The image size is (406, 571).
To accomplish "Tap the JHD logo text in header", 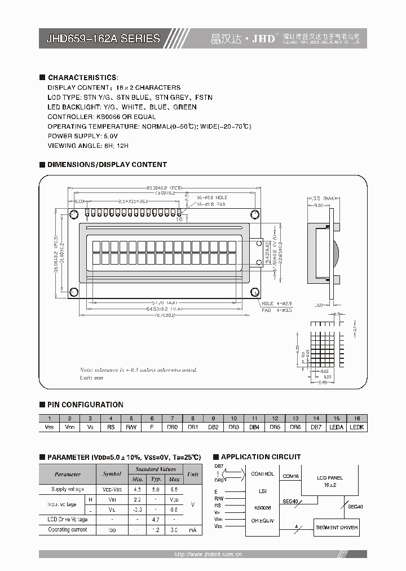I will pyautogui.click(x=263, y=38).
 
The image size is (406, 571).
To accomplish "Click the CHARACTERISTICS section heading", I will pyautogui.click(x=83, y=77).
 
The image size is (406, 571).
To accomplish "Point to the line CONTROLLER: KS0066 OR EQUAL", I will pyautogui.click(x=101, y=117).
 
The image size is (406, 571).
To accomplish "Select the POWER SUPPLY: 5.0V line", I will pyautogui.click(x=83, y=136).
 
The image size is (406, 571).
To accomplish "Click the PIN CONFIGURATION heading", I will pyautogui.click(x=85, y=405).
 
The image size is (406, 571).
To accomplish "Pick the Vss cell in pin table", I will pyautogui.click(x=49, y=427).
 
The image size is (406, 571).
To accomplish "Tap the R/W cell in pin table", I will pyautogui.click(x=131, y=427).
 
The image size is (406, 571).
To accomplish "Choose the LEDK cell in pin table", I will pyautogui.click(x=357, y=427).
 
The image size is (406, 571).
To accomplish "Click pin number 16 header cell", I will pyautogui.click(x=357, y=418).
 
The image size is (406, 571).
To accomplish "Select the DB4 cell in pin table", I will pyautogui.click(x=254, y=427).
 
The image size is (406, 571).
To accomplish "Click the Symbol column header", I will pyautogui.click(x=112, y=474).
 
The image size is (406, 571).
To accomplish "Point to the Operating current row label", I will pyautogui.click(x=68, y=530).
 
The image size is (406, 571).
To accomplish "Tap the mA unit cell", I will pyautogui.click(x=193, y=530).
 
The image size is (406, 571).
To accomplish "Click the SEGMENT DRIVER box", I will pyautogui.click(x=337, y=528).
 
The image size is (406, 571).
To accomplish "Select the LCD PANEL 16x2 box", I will pyautogui.click(x=330, y=481).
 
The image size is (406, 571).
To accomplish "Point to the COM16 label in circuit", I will pyautogui.click(x=290, y=476).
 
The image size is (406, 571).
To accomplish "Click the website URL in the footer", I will pyautogui.click(x=208, y=555).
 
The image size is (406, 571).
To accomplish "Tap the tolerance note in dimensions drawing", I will pyautogui.click(x=138, y=370).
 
